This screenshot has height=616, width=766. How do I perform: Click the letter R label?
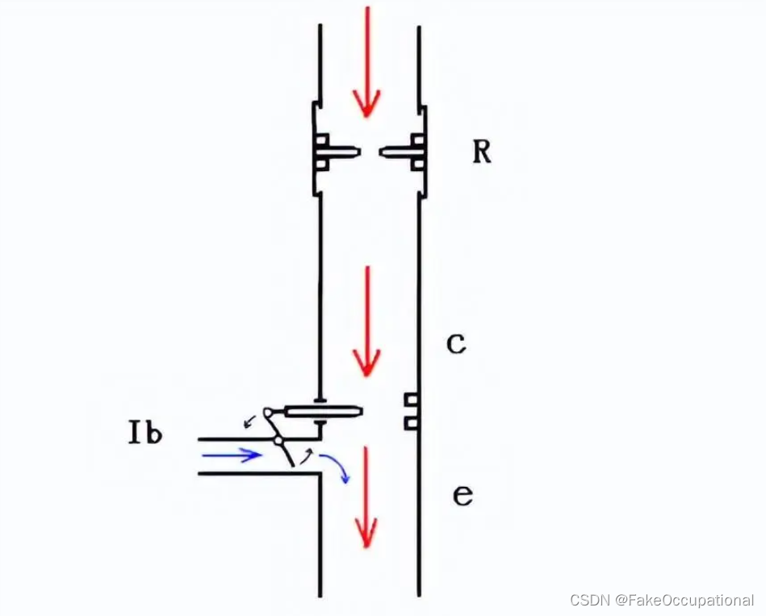click(482, 153)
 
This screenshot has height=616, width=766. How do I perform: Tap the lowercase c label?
click(456, 345)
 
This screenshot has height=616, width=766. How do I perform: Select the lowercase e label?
click(463, 496)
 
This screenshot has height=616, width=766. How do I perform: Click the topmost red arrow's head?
click(367, 103)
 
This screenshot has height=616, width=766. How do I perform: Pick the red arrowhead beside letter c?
click(367, 362)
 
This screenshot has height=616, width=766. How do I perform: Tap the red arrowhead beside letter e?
click(367, 533)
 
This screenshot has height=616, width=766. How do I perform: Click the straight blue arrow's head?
click(254, 455)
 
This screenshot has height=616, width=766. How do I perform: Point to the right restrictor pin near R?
click(396, 153)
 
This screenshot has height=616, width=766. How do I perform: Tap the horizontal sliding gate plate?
click(324, 412)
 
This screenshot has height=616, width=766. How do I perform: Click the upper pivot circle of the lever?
click(268, 413)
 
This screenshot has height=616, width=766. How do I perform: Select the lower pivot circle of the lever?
click(278, 441)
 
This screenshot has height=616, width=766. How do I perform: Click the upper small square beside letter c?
click(412, 400)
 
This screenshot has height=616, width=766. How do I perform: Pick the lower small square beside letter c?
click(412, 422)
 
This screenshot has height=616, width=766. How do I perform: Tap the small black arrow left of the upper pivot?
click(250, 421)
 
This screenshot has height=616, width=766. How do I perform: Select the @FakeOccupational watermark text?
click(684, 600)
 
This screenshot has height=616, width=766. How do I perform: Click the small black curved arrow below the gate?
click(307, 457)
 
